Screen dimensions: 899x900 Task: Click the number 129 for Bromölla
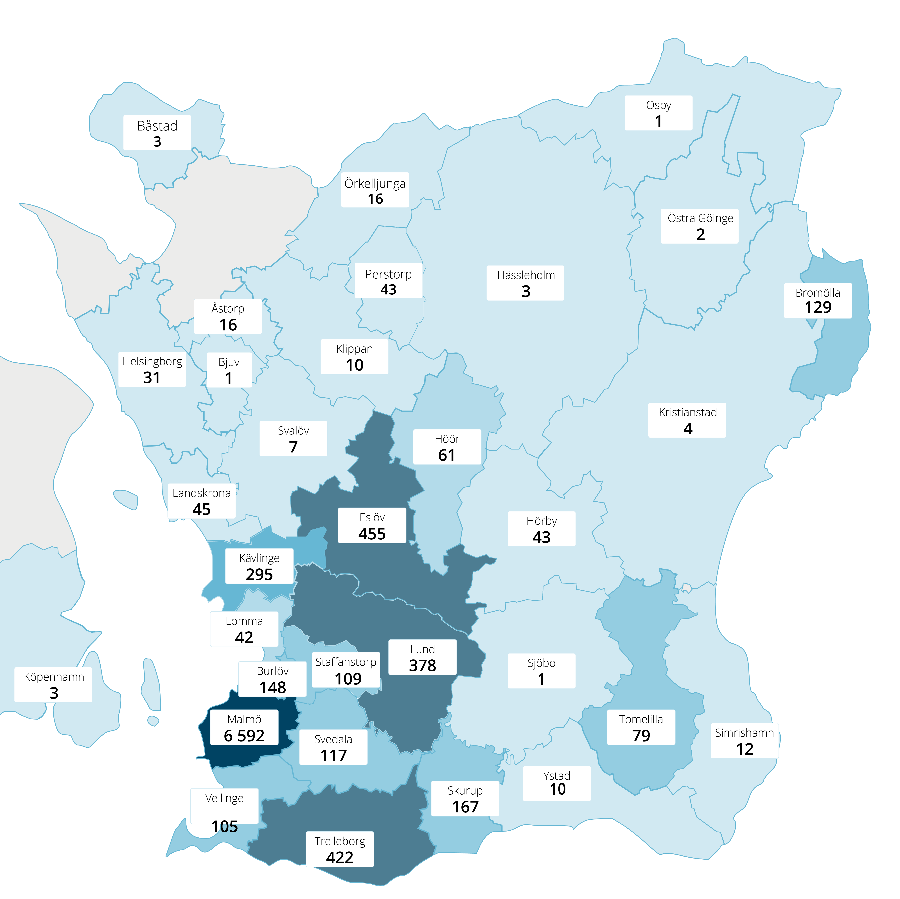818,307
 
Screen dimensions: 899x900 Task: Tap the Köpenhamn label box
54,685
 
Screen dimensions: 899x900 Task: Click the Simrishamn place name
744,733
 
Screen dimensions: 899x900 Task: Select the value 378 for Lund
423,666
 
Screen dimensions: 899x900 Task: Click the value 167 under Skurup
465,807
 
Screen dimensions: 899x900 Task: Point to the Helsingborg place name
152,361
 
